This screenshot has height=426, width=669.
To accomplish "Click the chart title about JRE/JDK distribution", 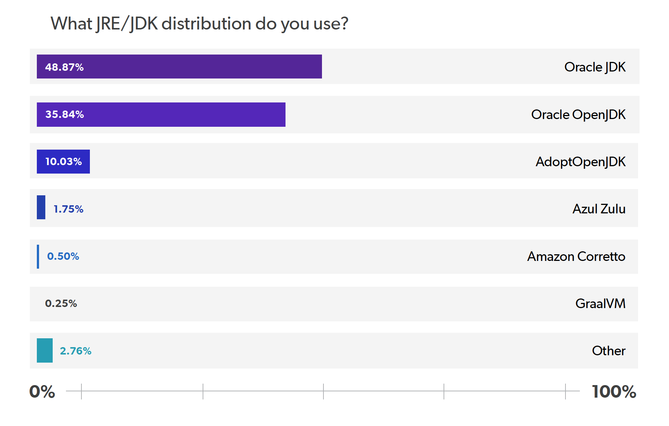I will tap(199, 24).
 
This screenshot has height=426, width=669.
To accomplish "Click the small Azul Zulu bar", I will tap(41, 207).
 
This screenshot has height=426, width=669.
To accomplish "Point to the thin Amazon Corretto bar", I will tap(38, 256).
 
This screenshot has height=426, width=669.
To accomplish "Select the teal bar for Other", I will tap(45, 350).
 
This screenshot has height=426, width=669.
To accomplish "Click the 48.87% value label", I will tap(64, 67).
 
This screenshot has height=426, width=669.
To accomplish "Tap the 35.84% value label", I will tap(64, 114).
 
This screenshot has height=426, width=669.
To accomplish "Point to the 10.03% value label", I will tap(63, 161).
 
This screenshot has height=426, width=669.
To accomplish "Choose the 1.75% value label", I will tap(69, 209).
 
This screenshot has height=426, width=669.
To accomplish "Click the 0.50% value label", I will tap(63, 256).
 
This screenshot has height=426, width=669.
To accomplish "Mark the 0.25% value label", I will tap(61, 303).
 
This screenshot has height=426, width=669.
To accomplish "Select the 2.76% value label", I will tap(76, 351).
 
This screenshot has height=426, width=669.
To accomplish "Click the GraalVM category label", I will tap(600, 303).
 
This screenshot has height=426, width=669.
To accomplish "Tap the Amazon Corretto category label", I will tap(576, 256).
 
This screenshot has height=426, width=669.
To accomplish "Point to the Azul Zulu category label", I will tap(599, 209).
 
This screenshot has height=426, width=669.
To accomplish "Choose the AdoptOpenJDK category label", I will tap(580, 162).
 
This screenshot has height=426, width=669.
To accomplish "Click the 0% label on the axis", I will tap(42, 391).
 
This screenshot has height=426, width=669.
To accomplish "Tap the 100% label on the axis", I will tap(614, 391).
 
